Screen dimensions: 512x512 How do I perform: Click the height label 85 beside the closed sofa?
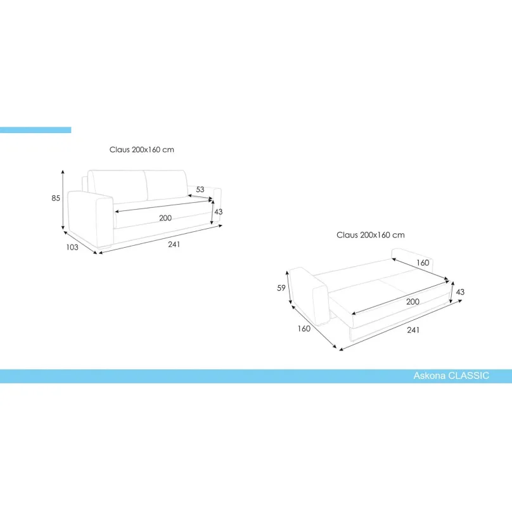point(56,198)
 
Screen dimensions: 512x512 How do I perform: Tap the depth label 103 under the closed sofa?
point(72,247)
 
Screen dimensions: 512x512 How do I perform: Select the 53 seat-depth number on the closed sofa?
point(200,189)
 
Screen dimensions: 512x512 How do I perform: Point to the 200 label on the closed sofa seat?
point(165,218)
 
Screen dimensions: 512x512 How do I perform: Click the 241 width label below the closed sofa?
point(174,245)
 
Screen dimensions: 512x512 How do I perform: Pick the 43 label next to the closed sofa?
point(219,212)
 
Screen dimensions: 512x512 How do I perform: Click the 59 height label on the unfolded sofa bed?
point(282,288)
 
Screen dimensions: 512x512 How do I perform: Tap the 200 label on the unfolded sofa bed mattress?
point(413,302)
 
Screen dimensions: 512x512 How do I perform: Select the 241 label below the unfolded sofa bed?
point(413,330)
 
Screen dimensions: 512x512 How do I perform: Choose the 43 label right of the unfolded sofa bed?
point(460,292)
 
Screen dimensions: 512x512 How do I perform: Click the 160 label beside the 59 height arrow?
point(304,329)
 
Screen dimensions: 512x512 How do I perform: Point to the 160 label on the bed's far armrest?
point(423,262)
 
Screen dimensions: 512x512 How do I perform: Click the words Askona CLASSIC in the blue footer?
point(451,376)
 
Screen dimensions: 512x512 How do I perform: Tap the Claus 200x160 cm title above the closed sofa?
point(142,150)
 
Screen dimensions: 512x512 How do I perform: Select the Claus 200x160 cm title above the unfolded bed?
point(371,234)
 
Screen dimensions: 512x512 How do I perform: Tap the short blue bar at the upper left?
point(35,130)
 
